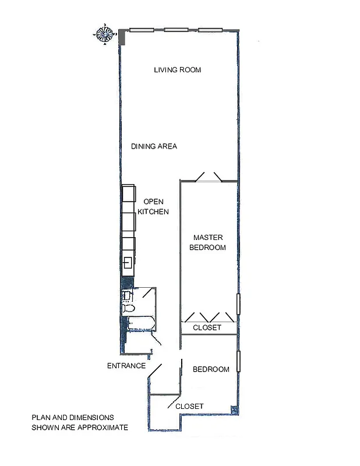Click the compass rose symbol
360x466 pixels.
click(105, 34)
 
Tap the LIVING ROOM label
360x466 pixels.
click(177, 70)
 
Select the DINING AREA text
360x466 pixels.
click(154, 146)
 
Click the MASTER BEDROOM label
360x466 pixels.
click(209, 242)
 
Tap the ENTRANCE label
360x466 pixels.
click(126, 366)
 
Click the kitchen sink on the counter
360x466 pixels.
click(128, 262)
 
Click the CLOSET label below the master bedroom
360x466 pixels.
click(207, 328)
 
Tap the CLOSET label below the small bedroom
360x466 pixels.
click(189, 406)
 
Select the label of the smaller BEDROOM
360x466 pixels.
click(211, 369)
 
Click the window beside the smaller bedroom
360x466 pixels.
click(238, 364)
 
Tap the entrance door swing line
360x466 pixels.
click(155, 369)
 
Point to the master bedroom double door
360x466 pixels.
click(209, 176)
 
